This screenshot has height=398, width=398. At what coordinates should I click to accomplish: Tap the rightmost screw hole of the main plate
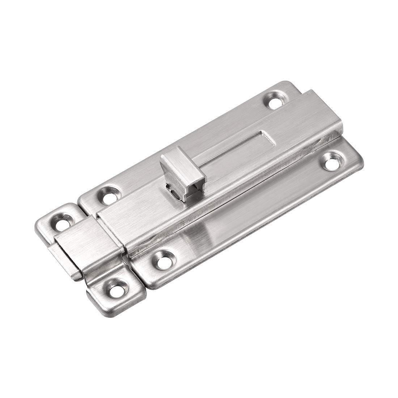[331, 161]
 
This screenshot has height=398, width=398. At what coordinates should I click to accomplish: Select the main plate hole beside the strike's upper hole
[107, 195]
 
